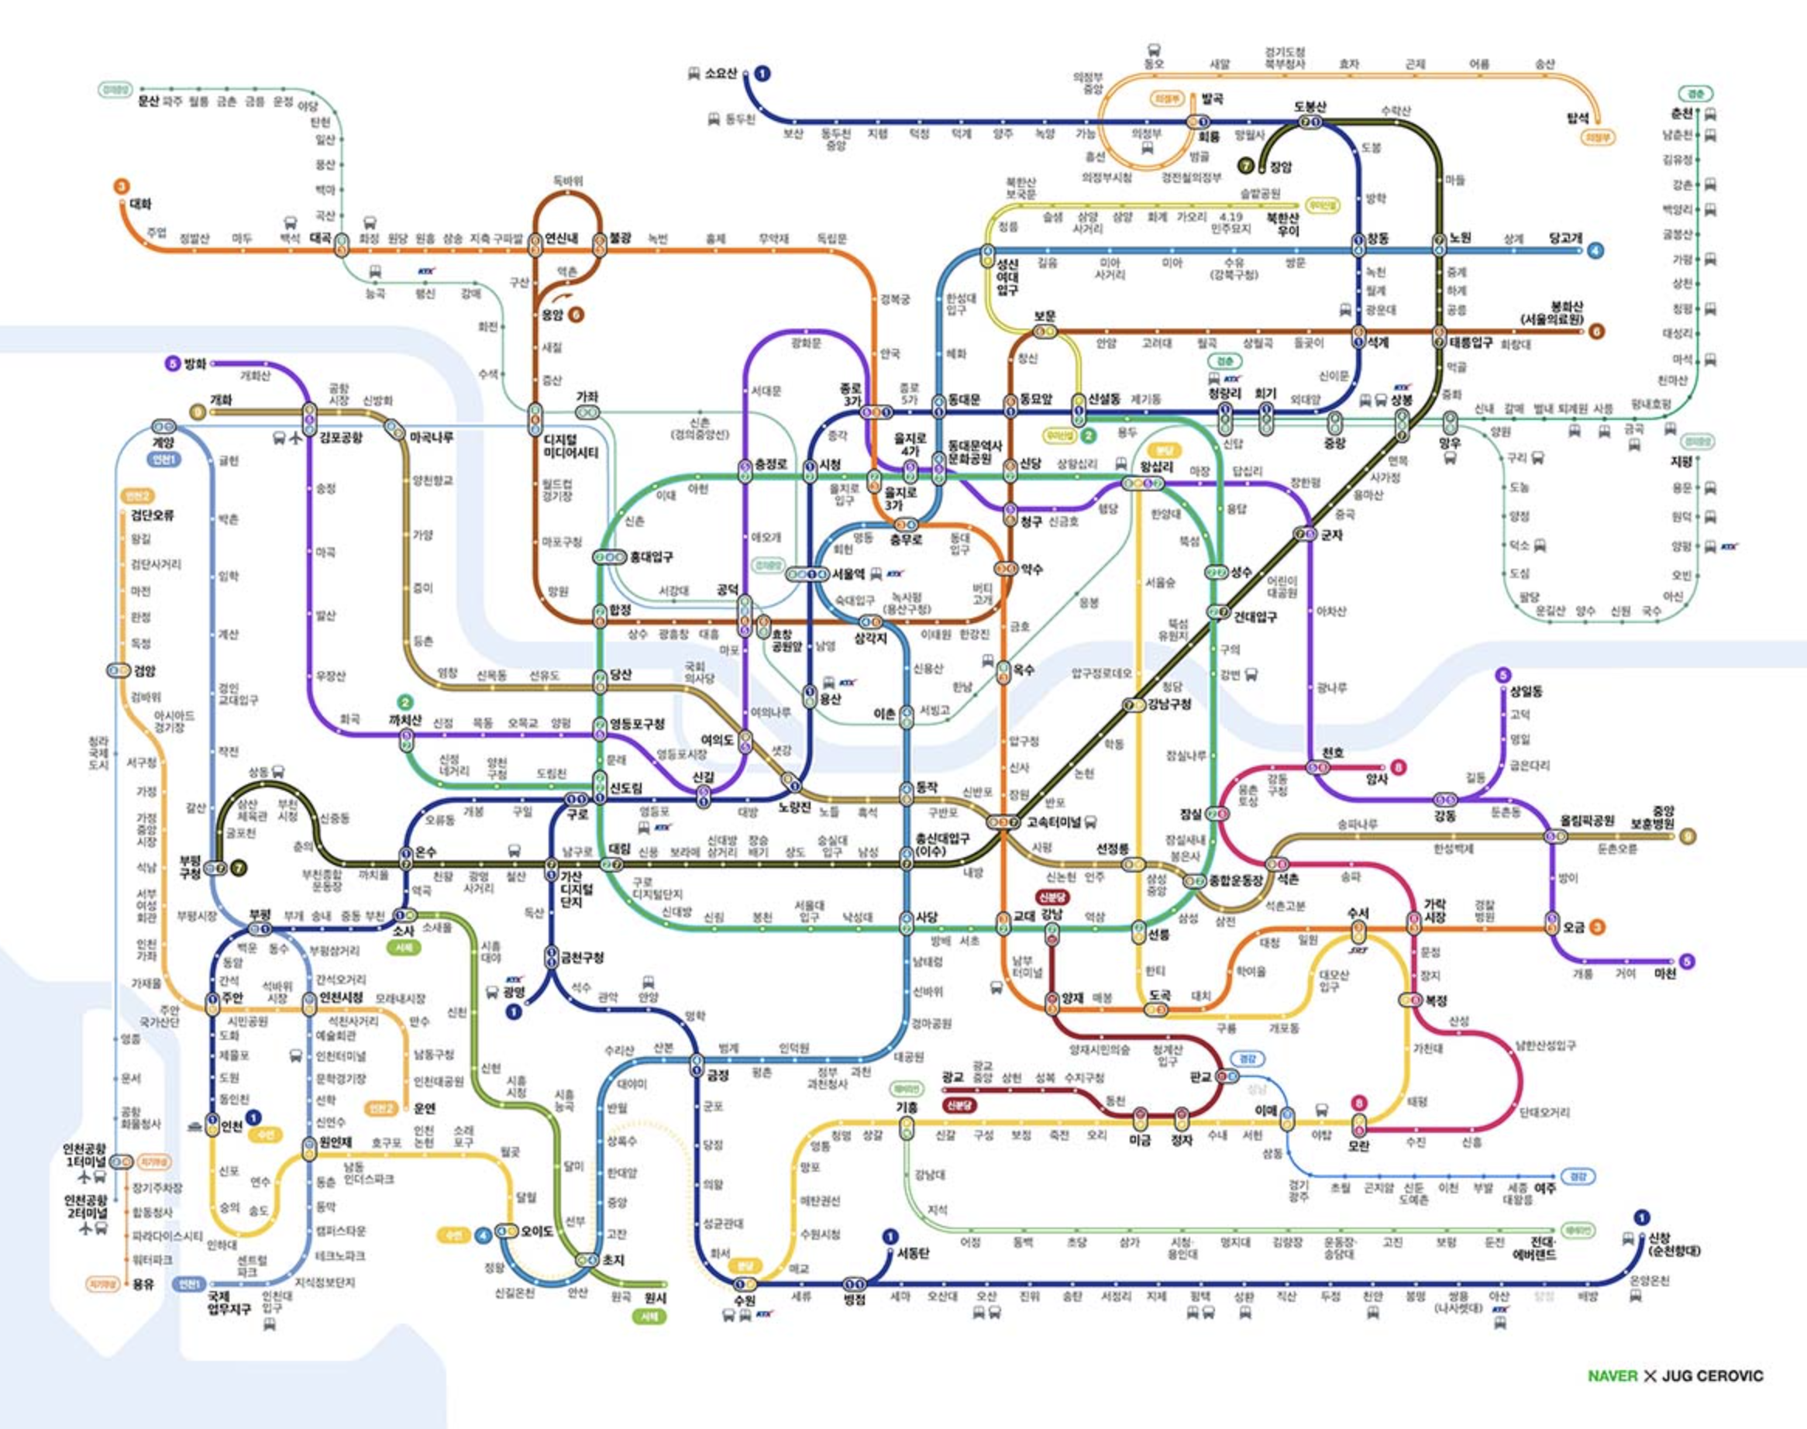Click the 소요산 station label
721,74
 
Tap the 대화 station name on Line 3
140,204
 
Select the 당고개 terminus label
1565,239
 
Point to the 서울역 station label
848,575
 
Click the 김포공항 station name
341,438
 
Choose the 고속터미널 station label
1054,821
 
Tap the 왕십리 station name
1157,467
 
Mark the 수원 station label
745,1301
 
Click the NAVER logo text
1612,1376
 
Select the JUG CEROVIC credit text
1712,1376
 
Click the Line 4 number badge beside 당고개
1596,250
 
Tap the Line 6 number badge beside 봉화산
1596,332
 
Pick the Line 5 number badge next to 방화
173,364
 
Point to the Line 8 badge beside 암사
1397,766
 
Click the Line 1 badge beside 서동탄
890,1236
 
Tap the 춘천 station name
1681,114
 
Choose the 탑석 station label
1577,119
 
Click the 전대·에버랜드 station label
1533,1249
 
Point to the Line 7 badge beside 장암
1247,167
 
